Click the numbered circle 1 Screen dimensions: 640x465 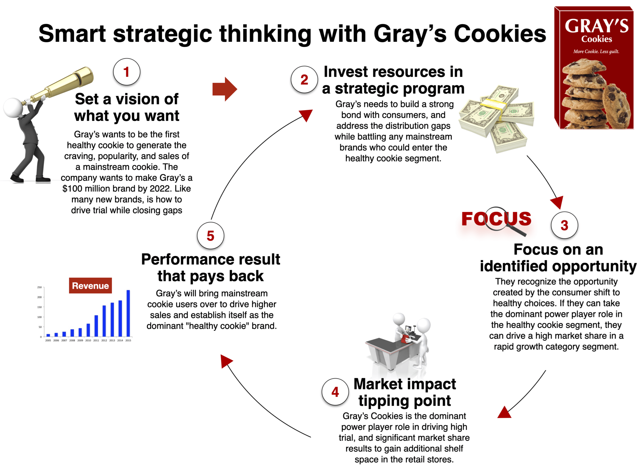[127, 72]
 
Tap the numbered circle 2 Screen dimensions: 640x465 [304, 79]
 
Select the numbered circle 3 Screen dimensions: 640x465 [564, 225]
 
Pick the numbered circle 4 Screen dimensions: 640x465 [335, 392]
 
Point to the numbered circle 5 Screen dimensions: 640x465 [210, 235]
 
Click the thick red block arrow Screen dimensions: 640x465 [224, 89]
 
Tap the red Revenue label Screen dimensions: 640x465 [90, 285]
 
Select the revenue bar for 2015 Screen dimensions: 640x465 [128, 313]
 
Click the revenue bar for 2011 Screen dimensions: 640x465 [96, 326]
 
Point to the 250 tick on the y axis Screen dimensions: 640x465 [39, 287]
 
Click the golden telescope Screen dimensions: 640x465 [61, 85]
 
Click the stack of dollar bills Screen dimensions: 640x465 [496, 118]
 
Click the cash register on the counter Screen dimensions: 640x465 [408, 330]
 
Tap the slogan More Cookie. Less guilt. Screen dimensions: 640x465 [596, 51]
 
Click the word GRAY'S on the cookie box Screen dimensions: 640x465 [596, 26]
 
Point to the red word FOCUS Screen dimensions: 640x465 [496, 219]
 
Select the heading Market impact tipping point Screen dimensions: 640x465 [405, 392]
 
